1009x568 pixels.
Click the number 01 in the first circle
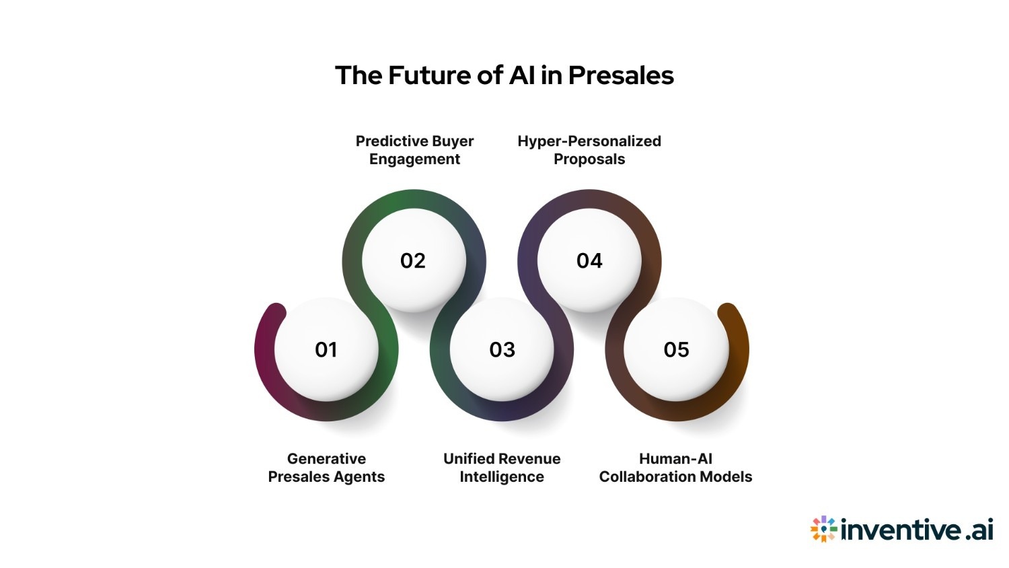tap(326, 349)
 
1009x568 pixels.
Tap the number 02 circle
tap(413, 260)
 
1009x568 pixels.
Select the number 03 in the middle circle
tap(502, 349)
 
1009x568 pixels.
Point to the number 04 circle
tap(589, 260)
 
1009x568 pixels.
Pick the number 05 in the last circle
tap(676, 349)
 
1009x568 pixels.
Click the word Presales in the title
tap(621, 75)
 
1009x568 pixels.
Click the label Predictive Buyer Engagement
tap(414, 150)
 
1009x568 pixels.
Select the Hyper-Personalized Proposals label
tap(589, 150)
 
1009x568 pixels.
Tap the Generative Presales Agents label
tap(326, 468)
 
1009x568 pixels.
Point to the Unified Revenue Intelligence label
tap(502, 468)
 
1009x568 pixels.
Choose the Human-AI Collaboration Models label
tap(675, 468)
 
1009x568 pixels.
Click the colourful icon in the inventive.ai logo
tap(823, 529)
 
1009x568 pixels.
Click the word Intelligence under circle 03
tap(502, 477)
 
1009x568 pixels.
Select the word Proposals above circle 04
tap(589, 159)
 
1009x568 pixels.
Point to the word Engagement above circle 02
tap(414, 159)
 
